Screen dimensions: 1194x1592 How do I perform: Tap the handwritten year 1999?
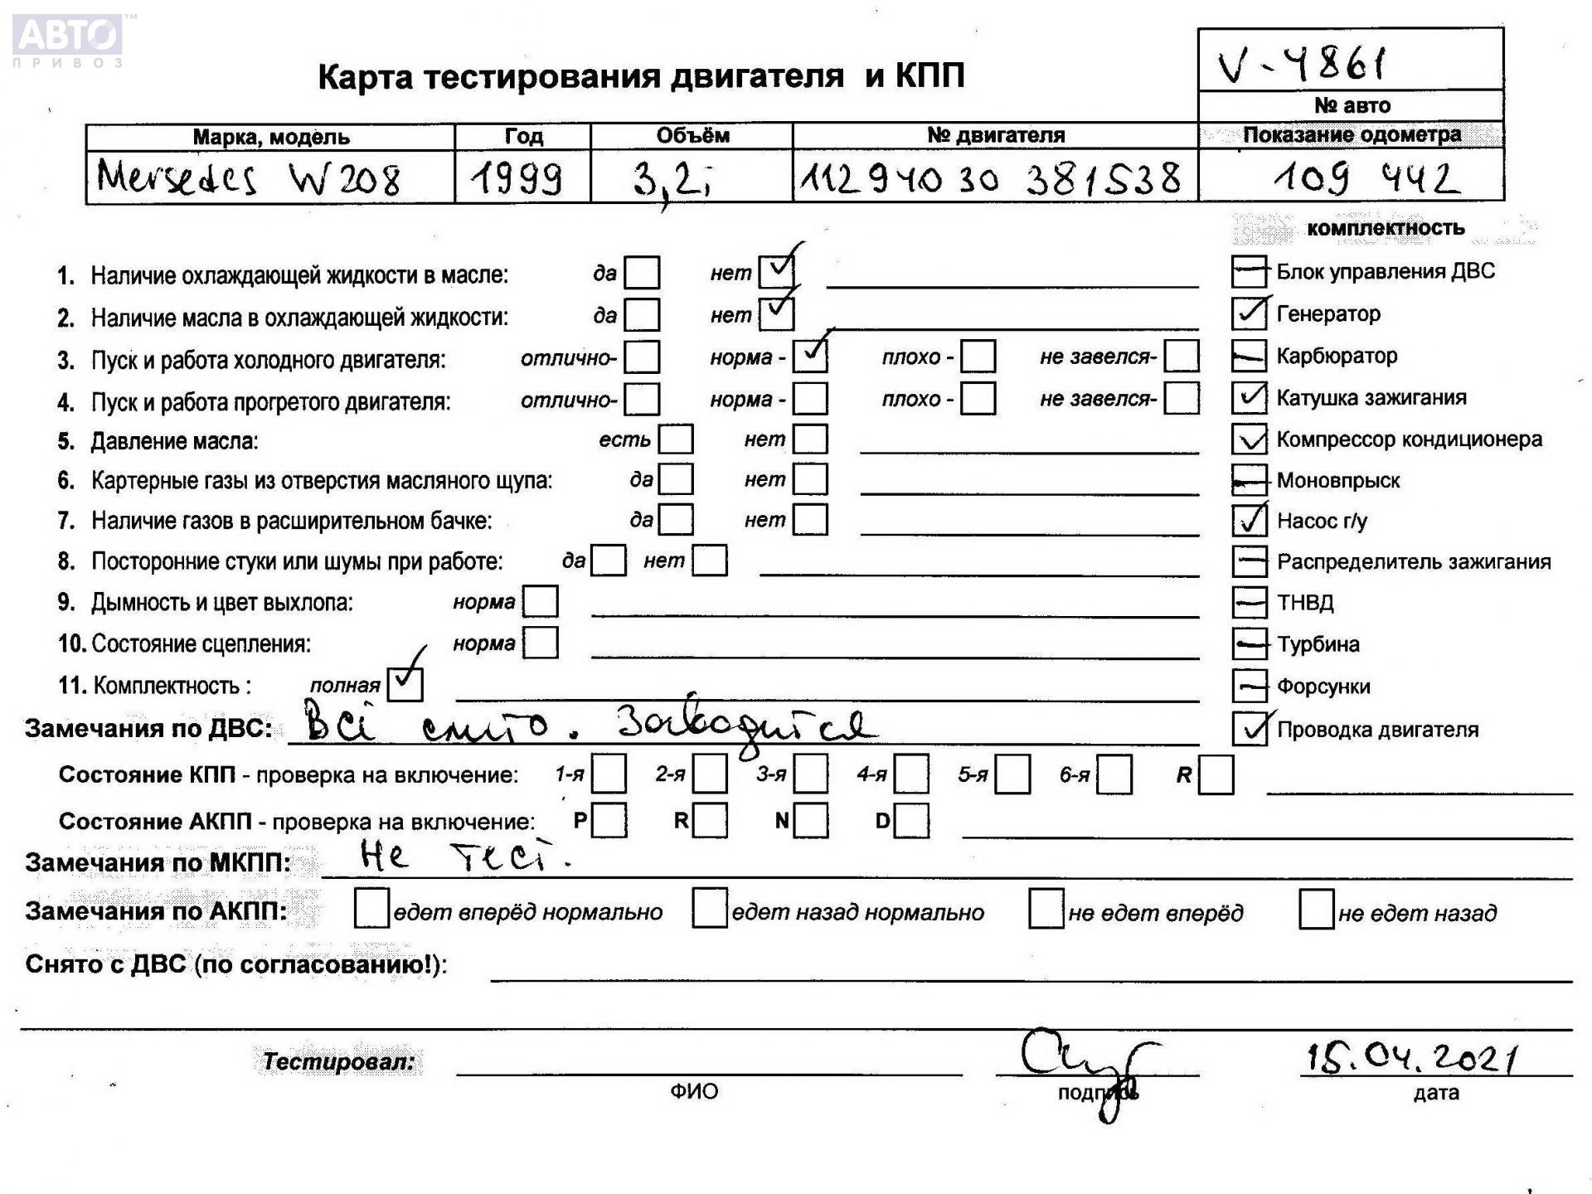[517, 178]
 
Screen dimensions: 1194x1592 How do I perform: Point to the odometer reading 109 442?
[1366, 177]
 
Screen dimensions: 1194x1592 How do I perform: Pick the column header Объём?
[692, 135]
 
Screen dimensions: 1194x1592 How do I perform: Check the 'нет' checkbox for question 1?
[776, 271]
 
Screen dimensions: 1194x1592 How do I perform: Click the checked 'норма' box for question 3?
[810, 357]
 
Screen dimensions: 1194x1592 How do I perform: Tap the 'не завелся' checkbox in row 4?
[1181, 398]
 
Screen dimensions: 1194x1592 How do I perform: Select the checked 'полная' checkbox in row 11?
[405, 683]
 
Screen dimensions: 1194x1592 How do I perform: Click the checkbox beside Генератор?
[1249, 313]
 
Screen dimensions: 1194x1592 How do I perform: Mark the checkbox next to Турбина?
[1249, 643]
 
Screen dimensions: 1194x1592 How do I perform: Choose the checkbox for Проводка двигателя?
[1249, 729]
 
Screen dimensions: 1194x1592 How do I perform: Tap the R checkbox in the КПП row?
[1216, 774]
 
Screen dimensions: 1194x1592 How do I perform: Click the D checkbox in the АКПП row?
[912, 821]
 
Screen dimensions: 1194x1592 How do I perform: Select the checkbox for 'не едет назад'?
[1316, 910]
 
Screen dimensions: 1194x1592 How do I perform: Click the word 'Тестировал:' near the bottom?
[338, 1061]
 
